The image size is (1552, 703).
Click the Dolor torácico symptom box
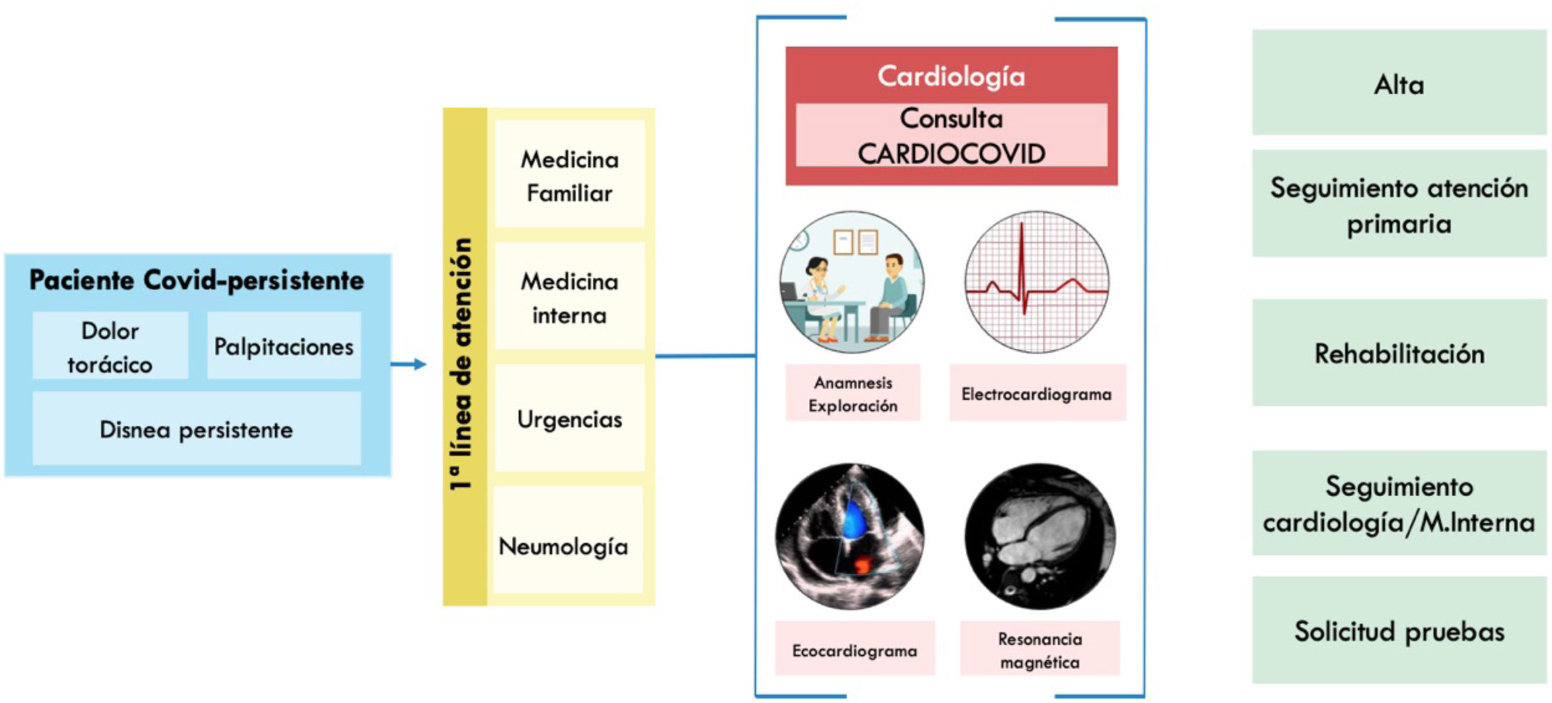tap(110, 346)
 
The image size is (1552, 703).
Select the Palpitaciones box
tap(284, 346)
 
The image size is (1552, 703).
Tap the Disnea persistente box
tap(196, 429)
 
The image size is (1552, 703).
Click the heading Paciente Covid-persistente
tap(196, 280)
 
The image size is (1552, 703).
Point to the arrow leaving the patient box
tap(408, 363)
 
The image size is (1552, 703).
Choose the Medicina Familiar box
tap(569, 175)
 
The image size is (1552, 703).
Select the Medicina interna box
tap(569, 297)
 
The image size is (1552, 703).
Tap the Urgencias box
tap(569, 418)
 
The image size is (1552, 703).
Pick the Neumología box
tap(564, 545)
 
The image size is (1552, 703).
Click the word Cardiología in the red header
tap(951, 76)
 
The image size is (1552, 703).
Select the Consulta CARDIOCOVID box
tap(951, 135)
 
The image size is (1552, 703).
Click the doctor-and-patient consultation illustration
tap(852, 282)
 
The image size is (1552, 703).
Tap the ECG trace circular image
tap(1036, 282)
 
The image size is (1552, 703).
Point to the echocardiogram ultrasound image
tap(850, 536)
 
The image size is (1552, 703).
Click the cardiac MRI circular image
tap(1040, 536)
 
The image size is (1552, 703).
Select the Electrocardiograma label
tap(1037, 393)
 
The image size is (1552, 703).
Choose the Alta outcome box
tap(1398, 84)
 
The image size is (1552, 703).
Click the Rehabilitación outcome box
tap(1398, 353)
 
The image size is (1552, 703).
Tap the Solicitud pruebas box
tap(1398, 630)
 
